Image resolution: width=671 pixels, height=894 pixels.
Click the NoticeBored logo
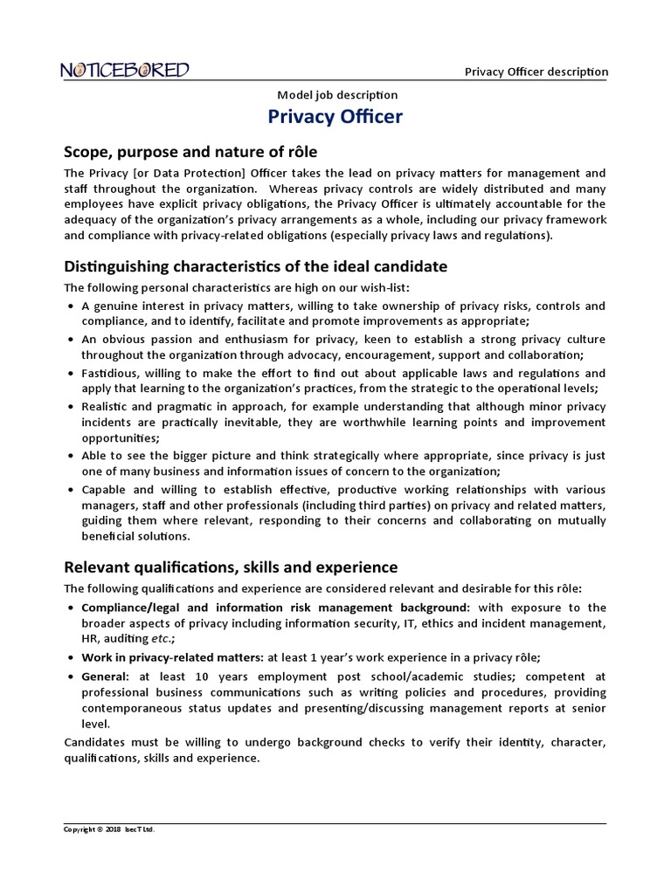[125, 70]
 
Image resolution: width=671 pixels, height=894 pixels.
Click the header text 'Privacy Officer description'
[536, 72]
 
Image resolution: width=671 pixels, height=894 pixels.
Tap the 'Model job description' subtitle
[336, 94]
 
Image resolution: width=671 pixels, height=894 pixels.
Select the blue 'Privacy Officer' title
[335, 117]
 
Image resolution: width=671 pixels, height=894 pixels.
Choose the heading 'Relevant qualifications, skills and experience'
[231, 567]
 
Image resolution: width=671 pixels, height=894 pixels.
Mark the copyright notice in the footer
[109, 829]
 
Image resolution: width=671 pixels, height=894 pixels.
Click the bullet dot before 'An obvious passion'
[70, 339]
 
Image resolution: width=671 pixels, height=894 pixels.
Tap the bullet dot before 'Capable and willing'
[70, 491]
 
